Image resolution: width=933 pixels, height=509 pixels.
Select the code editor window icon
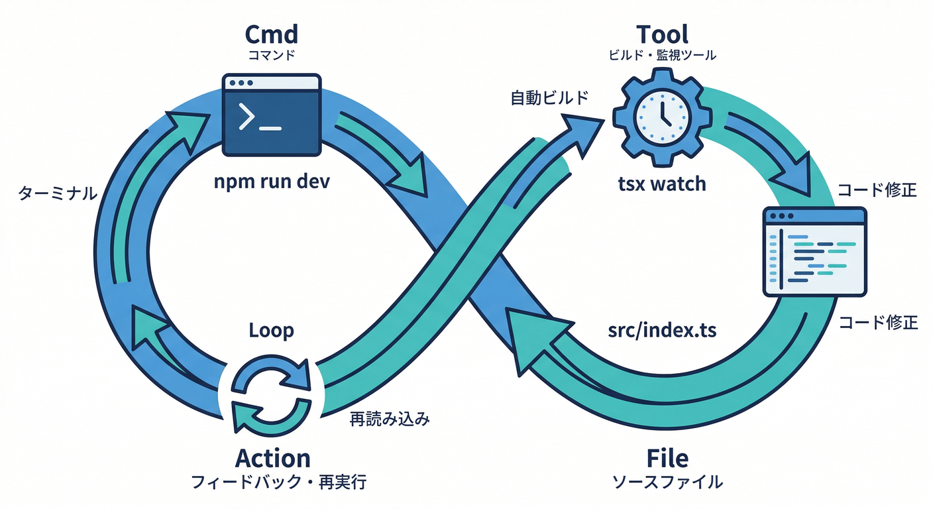pyautogui.click(x=814, y=251)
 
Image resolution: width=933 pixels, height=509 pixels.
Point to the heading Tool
pyautogui.click(x=662, y=34)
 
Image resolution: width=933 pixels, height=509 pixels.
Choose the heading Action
pyautogui.click(x=272, y=458)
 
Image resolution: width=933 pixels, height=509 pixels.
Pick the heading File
pyautogui.click(x=667, y=458)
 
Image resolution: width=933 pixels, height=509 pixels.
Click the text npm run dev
pyautogui.click(x=272, y=182)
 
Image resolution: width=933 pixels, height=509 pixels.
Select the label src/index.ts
pyautogui.click(x=662, y=330)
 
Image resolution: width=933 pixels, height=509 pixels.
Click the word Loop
pyautogui.click(x=271, y=330)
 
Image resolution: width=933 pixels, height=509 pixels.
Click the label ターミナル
pyautogui.click(x=56, y=194)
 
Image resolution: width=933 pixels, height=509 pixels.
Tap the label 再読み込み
pyautogui.click(x=390, y=419)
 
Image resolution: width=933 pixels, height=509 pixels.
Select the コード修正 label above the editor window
pyautogui.click(x=877, y=191)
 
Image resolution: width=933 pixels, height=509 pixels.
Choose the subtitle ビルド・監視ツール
pyautogui.click(x=662, y=56)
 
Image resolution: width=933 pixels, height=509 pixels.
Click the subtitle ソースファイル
pyautogui.click(x=667, y=482)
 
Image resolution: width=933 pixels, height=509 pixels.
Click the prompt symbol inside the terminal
pyautogui.click(x=247, y=117)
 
